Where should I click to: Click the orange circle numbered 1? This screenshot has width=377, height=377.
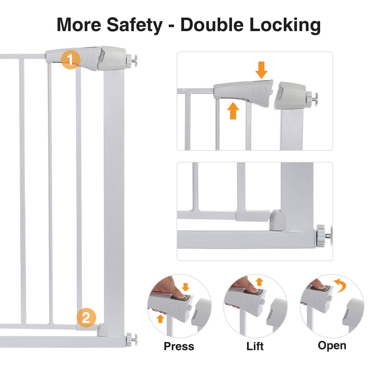coord(70,59)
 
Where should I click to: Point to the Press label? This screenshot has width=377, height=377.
coord(179,346)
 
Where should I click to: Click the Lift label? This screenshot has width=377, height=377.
coord(255,346)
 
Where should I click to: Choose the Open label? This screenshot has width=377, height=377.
coord(332,345)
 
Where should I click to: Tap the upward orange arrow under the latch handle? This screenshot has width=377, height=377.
coord(233,111)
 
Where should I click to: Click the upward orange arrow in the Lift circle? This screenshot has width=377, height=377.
coord(259,281)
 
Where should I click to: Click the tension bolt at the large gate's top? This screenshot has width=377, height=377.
coord(132,61)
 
